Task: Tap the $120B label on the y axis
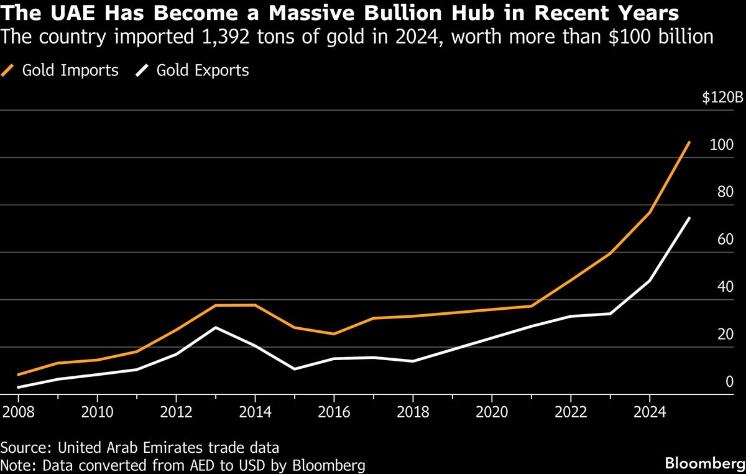pyautogui.click(x=722, y=98)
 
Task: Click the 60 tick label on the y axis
pyautogui.click(x=725, y=239)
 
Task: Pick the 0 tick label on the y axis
pyautogui.click(x=730, y=381)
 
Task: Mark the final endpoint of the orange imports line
pyautogui.click(x=689, y=142)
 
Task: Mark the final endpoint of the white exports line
pyautogui.click(x=689, y=218)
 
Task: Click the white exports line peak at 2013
pyautogui.click(x=216, y=327)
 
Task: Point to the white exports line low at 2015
pyautogui.click(x=295, y=369)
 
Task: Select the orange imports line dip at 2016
pyautogui.click(x=334, y=334)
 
